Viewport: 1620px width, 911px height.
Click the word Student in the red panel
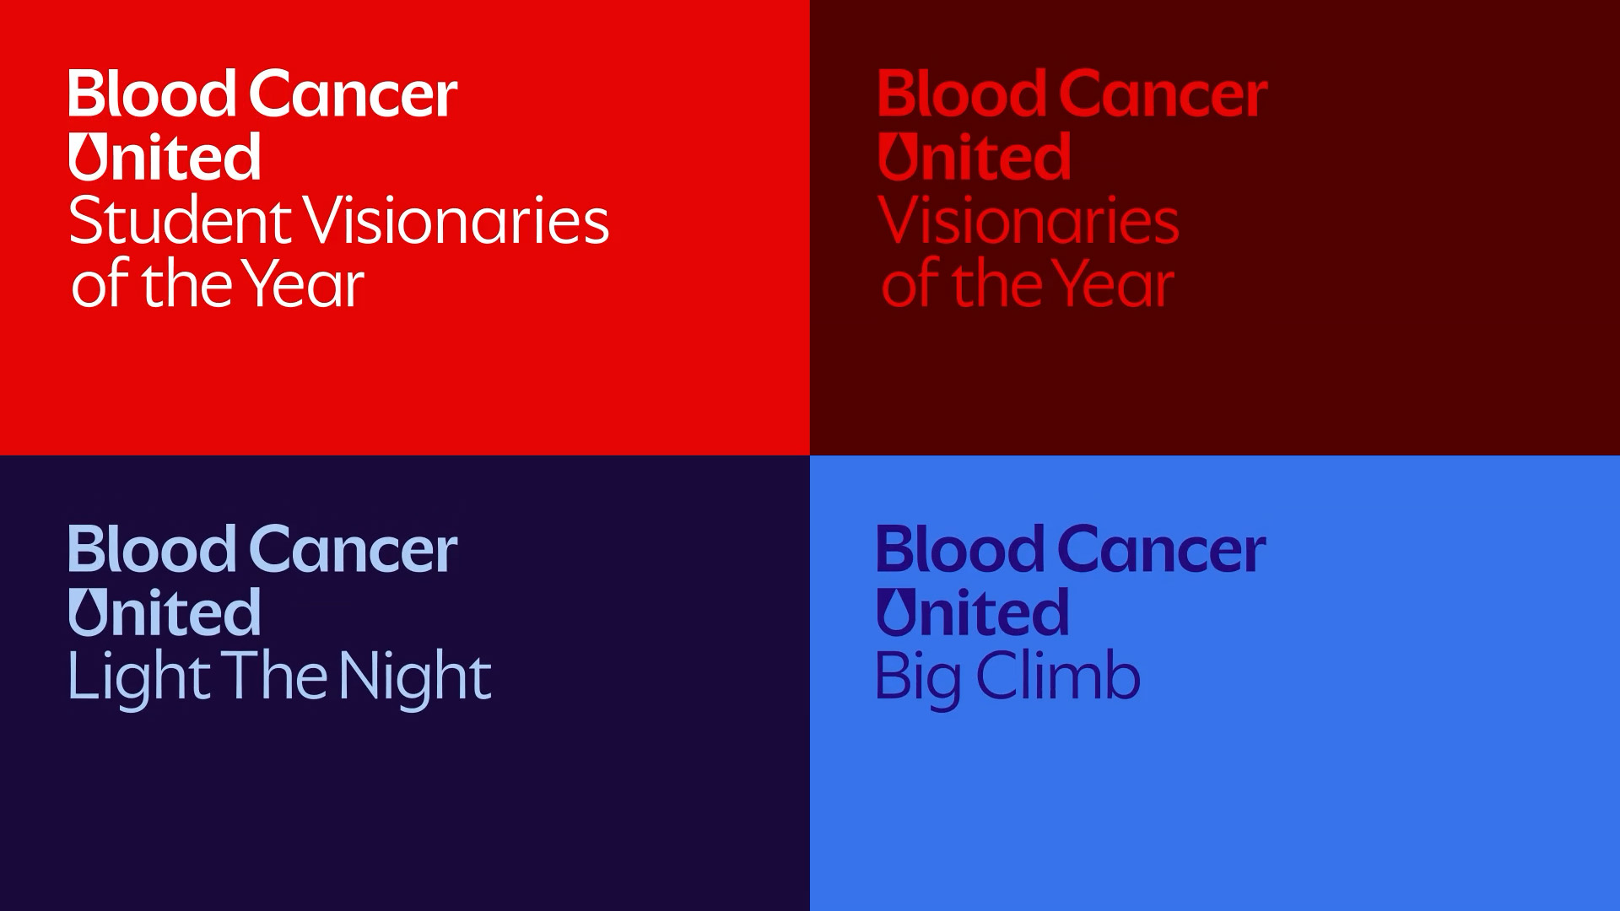tap(180, 220)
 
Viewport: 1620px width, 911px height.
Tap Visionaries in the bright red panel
tap(456, 220)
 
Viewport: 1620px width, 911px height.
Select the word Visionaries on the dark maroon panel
tap(1029, 220)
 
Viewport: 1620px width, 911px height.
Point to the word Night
tap(415, 678)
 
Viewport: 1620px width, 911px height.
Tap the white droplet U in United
tap(87, 157)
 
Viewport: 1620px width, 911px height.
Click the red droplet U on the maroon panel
tap(896, 157)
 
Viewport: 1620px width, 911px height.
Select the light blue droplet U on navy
tap(87, 612)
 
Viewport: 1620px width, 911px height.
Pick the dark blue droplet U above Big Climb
tap(895, 612)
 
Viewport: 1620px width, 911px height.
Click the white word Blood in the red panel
tap(152, 94)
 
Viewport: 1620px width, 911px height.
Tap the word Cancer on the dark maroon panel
tap(1164, 94)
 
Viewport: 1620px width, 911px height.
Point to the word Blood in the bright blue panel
tap(960, 549)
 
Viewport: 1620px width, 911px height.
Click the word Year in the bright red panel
tap(304, 283)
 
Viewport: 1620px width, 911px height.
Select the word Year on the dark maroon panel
tap(1114, 283)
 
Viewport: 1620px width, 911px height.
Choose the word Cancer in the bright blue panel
tap(1162, 549)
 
